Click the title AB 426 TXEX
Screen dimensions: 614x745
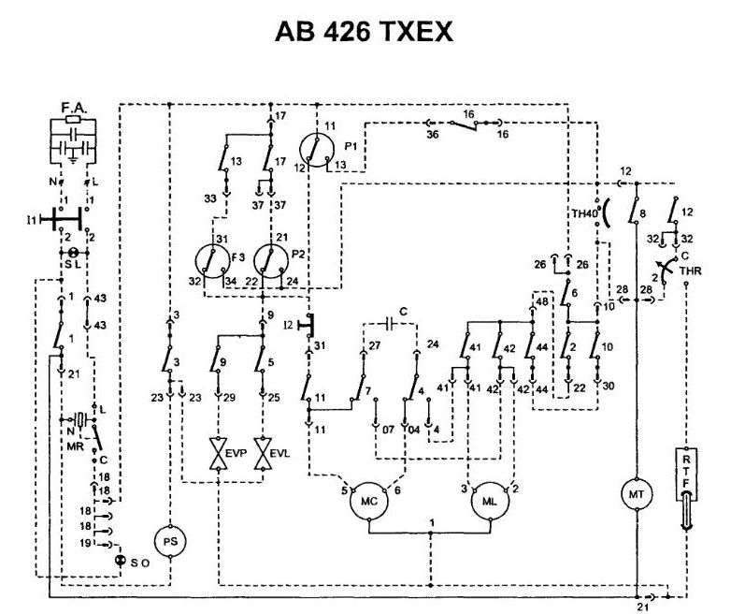point(365,32)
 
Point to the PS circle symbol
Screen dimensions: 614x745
point(169,541)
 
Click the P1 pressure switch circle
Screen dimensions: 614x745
point(318,150)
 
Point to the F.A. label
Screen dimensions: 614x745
point(75,109)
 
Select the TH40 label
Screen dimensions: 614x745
point(584,213)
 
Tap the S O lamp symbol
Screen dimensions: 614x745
point(120,560)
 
